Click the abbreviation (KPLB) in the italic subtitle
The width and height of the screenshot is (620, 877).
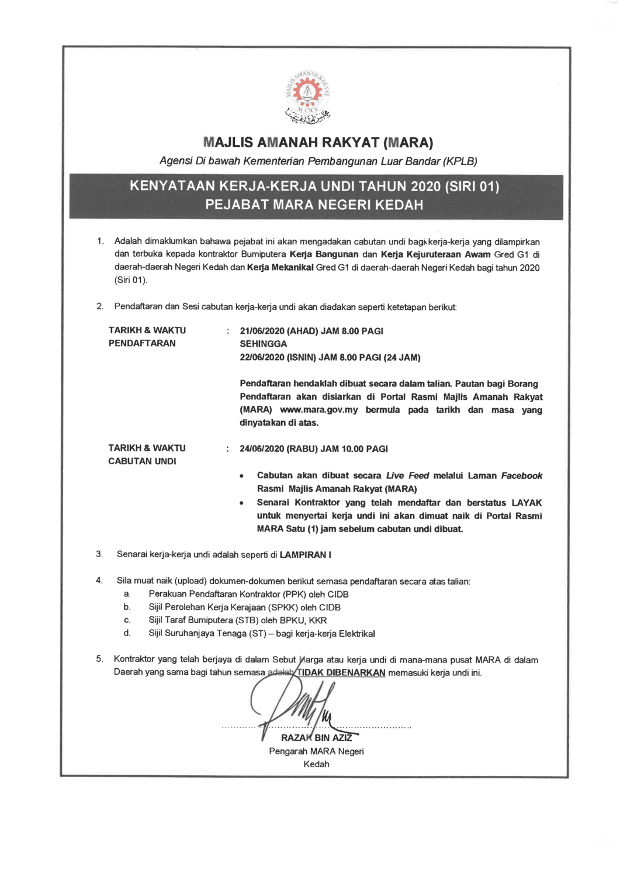[x=460, y=161]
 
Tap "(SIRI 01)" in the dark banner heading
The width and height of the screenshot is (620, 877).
[x=472, y=187]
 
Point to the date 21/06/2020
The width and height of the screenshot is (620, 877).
[x=262, y=332]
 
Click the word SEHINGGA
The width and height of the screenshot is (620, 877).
[x=263, y=344]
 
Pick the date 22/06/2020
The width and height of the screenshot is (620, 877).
[x=262, y=357]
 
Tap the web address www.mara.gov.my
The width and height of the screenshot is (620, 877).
[x=318, y=410]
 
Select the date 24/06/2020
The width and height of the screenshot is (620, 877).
[x=262, y=449]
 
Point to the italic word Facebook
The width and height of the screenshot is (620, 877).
[x=521, y=476]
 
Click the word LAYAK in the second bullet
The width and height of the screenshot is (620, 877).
[x=527, y=503]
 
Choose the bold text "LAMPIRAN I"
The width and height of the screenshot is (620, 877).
[x=305, y=555]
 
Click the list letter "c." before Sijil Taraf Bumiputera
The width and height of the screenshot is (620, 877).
[x=127, y=620]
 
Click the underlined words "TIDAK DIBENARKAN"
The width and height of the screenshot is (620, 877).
[x=341, y=673]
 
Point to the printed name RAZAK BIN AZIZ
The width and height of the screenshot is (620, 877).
[x=316, y=738]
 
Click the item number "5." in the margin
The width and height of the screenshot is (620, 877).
[x=99, y=660]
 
